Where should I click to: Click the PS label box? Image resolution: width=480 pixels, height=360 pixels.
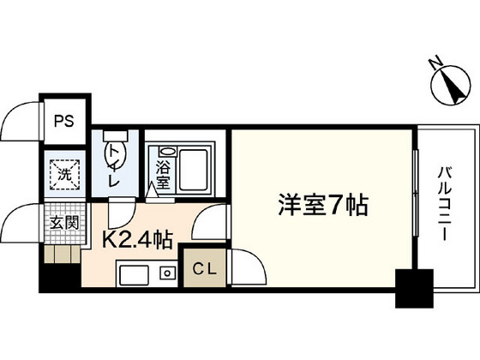coord(64,120)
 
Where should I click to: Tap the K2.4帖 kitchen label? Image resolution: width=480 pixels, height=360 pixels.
coord(139,239)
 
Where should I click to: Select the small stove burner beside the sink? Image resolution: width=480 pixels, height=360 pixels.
coord(167,274)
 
